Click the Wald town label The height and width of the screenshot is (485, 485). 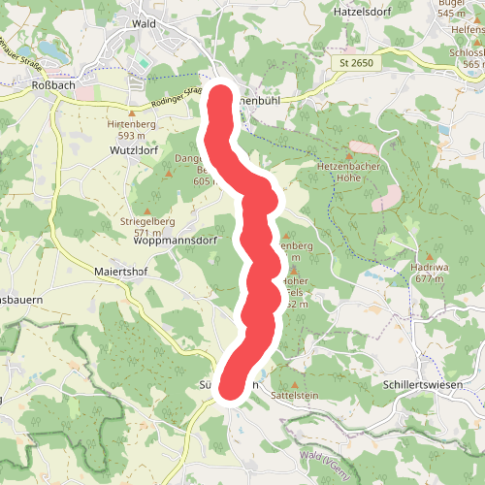[x=144, y=22]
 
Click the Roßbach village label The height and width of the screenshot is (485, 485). [x=48, y=84]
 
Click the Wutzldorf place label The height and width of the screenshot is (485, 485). [x=135, y=150]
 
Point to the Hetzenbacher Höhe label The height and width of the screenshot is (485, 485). [x=351, y=172]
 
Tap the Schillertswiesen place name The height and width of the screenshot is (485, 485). [x=421, y=385]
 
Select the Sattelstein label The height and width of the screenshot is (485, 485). [x=295, y=397]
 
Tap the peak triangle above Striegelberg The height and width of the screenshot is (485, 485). [x=147, y=210]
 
